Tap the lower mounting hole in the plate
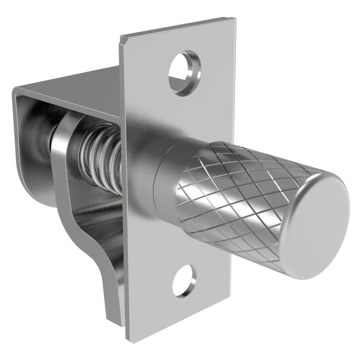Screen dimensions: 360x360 pos(184,280)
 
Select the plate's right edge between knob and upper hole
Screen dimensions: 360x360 pos(233,100)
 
